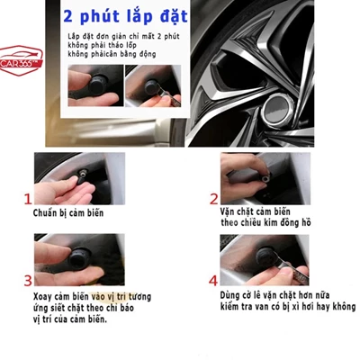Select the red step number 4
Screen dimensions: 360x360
(x=213, y=280)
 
